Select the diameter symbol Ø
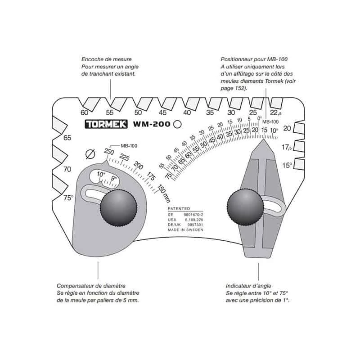click(x=89, y=154)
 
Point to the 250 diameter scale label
click(x=108, y=152)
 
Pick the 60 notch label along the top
click(x=84, y=112)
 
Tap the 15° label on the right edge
click(x=287, y=165)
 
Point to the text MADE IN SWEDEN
click(x=185, y=229)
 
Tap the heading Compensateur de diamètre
click(x=91, y=286)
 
